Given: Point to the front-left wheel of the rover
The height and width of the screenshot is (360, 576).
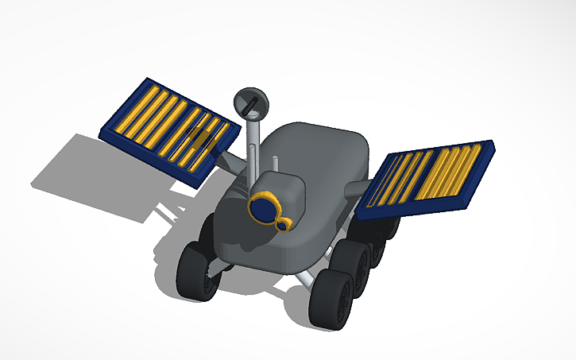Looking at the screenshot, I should coord(196,273).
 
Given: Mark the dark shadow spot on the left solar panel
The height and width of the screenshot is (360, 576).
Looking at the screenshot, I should coord(203,143).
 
